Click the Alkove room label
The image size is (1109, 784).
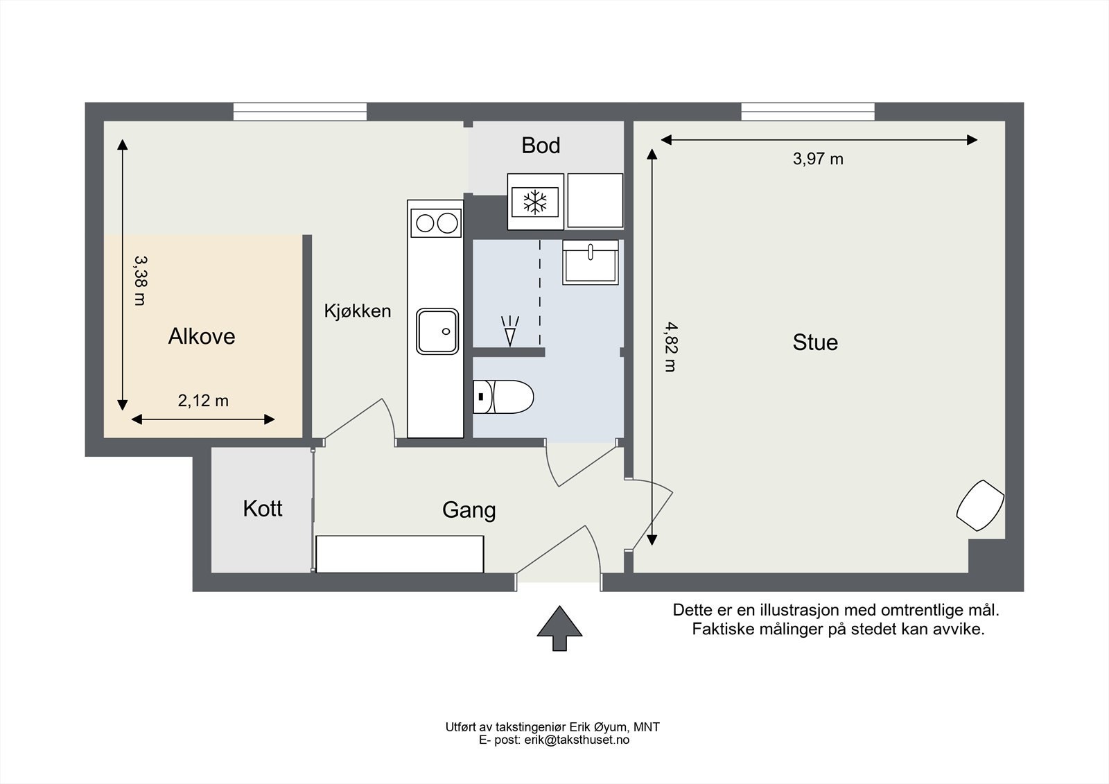(202, 336)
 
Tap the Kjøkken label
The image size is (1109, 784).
(358, 311)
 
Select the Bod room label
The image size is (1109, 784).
(541, 145)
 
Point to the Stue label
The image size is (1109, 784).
(815, 342)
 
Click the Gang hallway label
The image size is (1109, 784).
(469, 510)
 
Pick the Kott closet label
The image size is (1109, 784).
(263, 509)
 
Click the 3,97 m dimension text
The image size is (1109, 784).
(818, 159)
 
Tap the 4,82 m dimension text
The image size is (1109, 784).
(671, 347)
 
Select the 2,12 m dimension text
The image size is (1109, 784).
(203, 400)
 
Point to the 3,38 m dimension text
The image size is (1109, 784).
(141, 280)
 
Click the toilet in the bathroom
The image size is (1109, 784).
(503, 397)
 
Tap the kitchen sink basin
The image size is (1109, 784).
(437, 331)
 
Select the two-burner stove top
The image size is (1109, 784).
(436, 223)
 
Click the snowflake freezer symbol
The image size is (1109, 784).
(535, 202)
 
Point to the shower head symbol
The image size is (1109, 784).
(510, 331)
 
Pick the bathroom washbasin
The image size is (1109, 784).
(590, 263)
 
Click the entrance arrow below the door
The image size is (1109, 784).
(559, 628)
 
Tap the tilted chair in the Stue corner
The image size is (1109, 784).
(980, 505)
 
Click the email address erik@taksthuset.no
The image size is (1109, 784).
(577, 740)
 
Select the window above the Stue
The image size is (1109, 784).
(808, 112)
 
